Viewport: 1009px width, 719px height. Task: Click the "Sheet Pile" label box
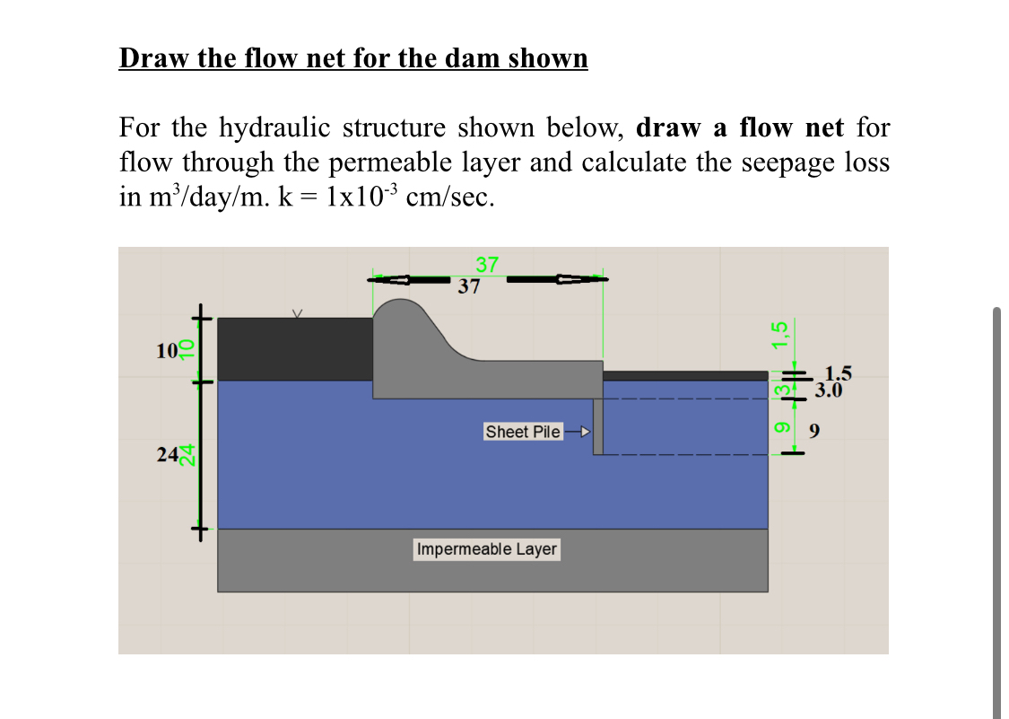click(x=523, y=432)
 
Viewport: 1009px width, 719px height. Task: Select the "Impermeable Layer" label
click(x=486, y=548)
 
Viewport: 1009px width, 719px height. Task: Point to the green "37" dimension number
click(x=486, y=265)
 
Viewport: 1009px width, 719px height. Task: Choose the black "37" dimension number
click(x=469, y=287)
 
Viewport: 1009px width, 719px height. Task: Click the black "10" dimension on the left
click(x=167, y=351)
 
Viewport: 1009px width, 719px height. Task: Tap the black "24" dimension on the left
click(x=167, y=455)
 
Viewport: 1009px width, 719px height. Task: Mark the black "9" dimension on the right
click(x=814, y=433)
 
